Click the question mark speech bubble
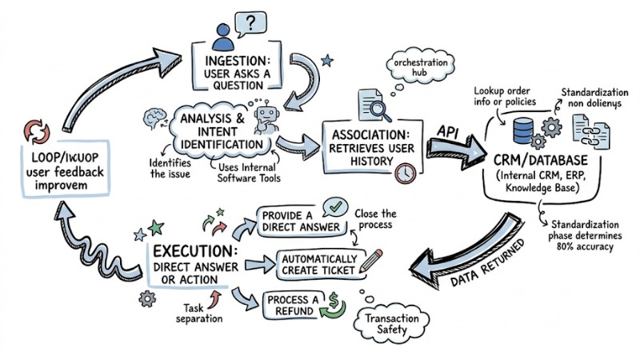[253, 22]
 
